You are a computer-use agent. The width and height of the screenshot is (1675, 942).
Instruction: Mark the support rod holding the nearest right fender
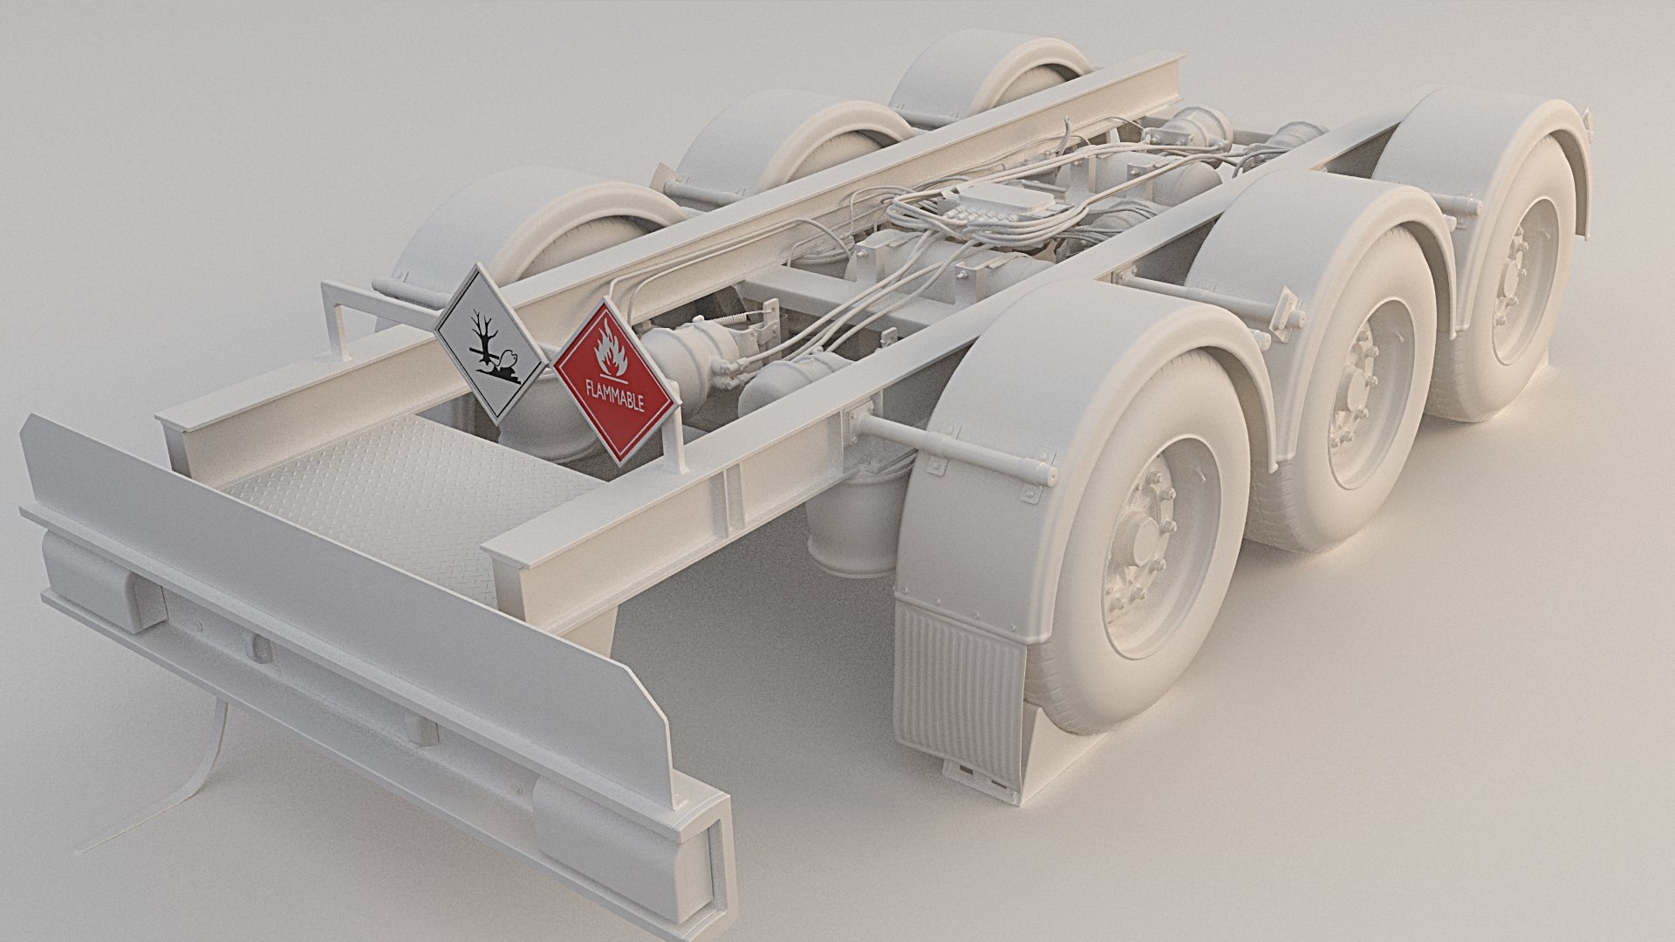coord(951,451)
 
